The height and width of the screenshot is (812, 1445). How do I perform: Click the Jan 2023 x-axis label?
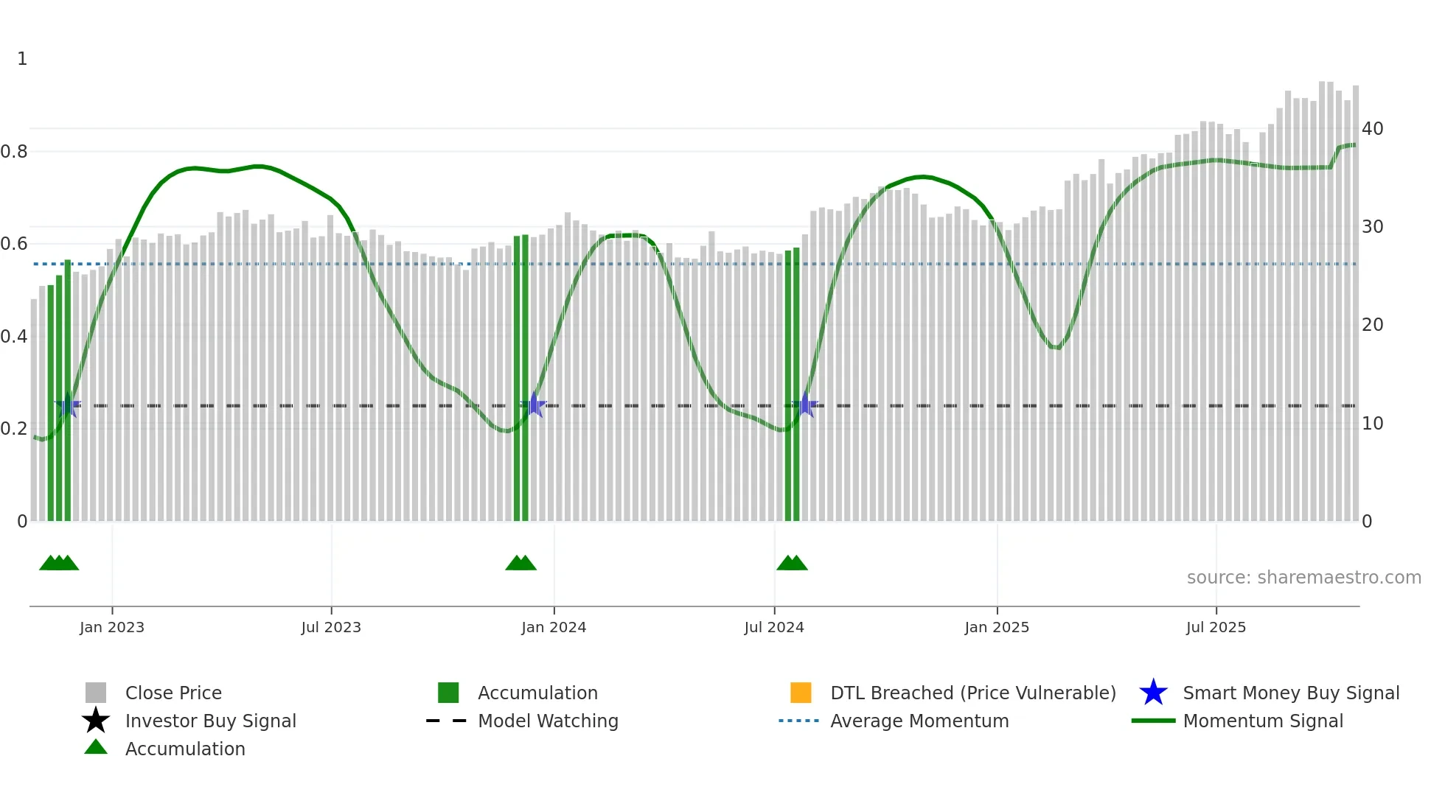[112, 627]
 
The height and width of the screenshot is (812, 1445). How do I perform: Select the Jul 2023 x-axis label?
[331, 627]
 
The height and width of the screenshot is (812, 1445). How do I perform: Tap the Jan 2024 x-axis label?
[554, 627]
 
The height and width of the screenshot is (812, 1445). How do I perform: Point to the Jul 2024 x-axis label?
[774, 627]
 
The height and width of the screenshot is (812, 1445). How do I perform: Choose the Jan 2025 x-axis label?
[997, 627]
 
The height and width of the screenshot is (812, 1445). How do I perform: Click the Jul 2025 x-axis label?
[1216, 627]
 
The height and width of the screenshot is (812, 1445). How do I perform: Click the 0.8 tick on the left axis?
[14, 152]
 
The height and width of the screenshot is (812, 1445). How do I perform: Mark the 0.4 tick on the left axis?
[14, 337]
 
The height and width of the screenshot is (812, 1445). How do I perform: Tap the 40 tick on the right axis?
[1373, 129]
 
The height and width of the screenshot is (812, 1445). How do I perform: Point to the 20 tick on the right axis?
[1373, 325]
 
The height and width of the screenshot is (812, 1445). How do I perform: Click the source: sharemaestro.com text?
[1303, 578]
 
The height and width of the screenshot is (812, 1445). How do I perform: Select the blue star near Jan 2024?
[535, 405]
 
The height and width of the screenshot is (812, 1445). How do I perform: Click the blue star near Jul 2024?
[806, 405]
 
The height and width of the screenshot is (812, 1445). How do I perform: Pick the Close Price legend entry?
[173, 693]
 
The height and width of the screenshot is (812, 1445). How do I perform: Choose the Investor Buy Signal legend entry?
[210, 721]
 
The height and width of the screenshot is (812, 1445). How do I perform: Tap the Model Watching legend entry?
[548, 721]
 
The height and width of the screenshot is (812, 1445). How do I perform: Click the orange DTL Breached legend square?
[801, 693]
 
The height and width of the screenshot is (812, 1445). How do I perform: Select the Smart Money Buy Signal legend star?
[1154, 693]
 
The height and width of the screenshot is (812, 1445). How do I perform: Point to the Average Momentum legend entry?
[919, 721]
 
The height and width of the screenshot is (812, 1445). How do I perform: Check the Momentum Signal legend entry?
[1263, 721]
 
